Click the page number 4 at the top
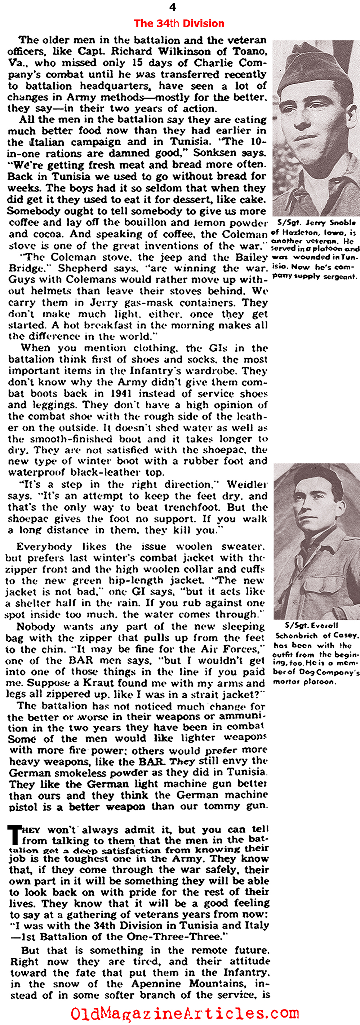click(172, 7)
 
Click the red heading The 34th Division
click(179, 23)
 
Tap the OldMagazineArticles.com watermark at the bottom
click(185, 1013)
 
